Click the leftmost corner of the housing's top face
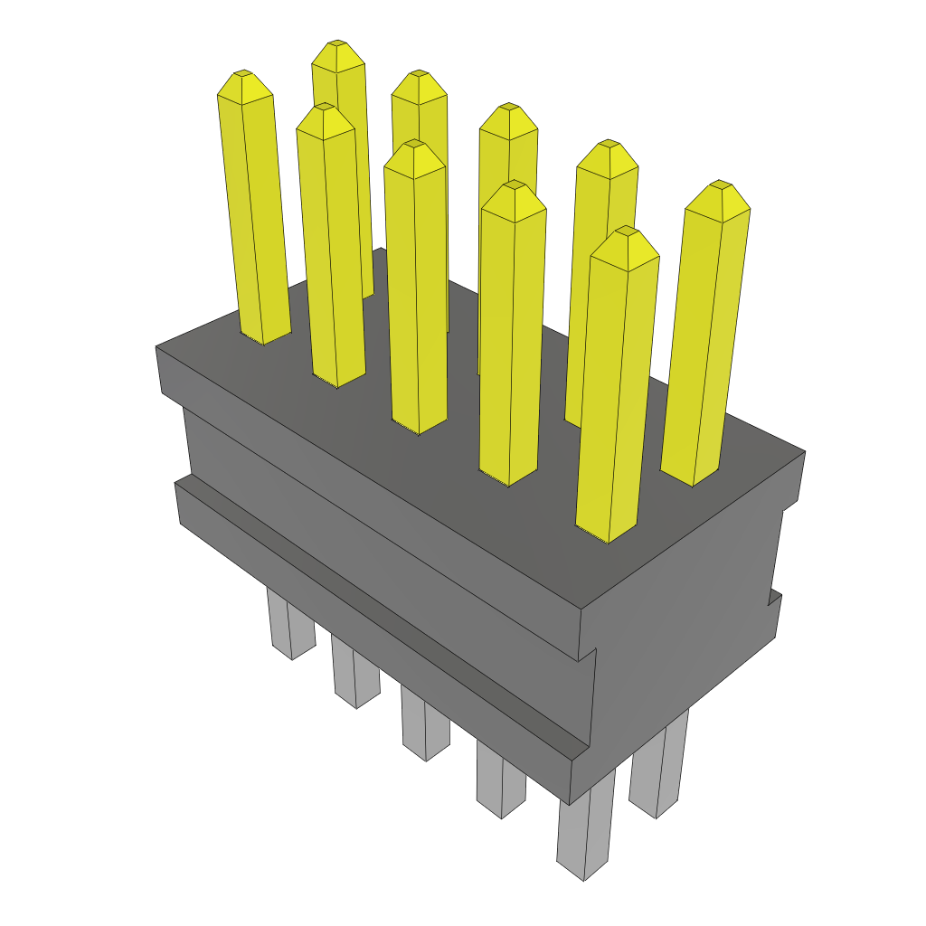point(157,347)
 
